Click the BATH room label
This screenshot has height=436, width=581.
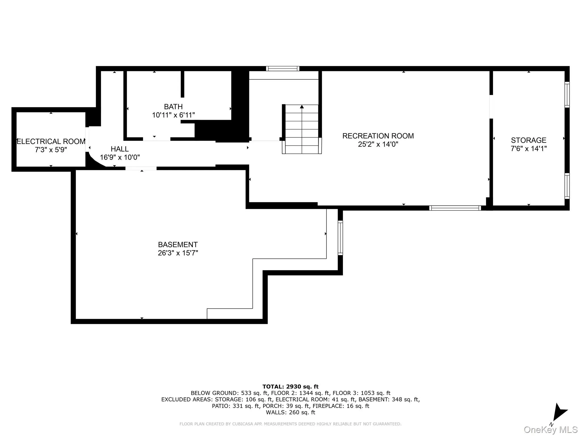pyautogui.click(x=173, y=107)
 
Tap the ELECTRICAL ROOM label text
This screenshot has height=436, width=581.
pyautogui.click(x=51, y=141)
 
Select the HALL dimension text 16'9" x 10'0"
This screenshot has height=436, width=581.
pyautogui.click(x=120, y=157)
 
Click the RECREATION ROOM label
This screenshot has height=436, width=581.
pyautogui.click(x=378, y=136)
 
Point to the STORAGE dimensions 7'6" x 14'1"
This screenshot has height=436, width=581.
pyautogui.click(x=529, y=148)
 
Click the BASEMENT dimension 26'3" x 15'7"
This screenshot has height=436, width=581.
pyautogui.click(x=178, y=253)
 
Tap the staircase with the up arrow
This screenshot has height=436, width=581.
pyautogui.click(x=302, y=129)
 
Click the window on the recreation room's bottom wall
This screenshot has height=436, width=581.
pyautogui.click(x=455, y=208)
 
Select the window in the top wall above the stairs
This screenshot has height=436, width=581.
pyautogui.click(x=283, y=68)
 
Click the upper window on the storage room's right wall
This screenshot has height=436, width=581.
pyautogui.click(x=567, y=95)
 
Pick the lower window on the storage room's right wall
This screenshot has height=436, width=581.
pyautogui.click(x=567, y=186)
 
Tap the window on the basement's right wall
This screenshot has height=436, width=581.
pyautogui.click(x=340, y=238)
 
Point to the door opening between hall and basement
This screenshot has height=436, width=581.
pyautogui.click(x=141, y=168)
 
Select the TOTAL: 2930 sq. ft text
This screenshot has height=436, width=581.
pyautogui.click(x=290, y=387)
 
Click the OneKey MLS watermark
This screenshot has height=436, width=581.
pyautogui.click(x=550, y=430)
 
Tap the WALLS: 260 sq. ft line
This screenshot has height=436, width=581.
pyautogui.click(x=290, y=412)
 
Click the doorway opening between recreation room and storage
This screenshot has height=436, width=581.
pyautogui.click(x=491, y=107)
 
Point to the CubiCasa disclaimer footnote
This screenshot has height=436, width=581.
pyautogui.click(x=290, y=424)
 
